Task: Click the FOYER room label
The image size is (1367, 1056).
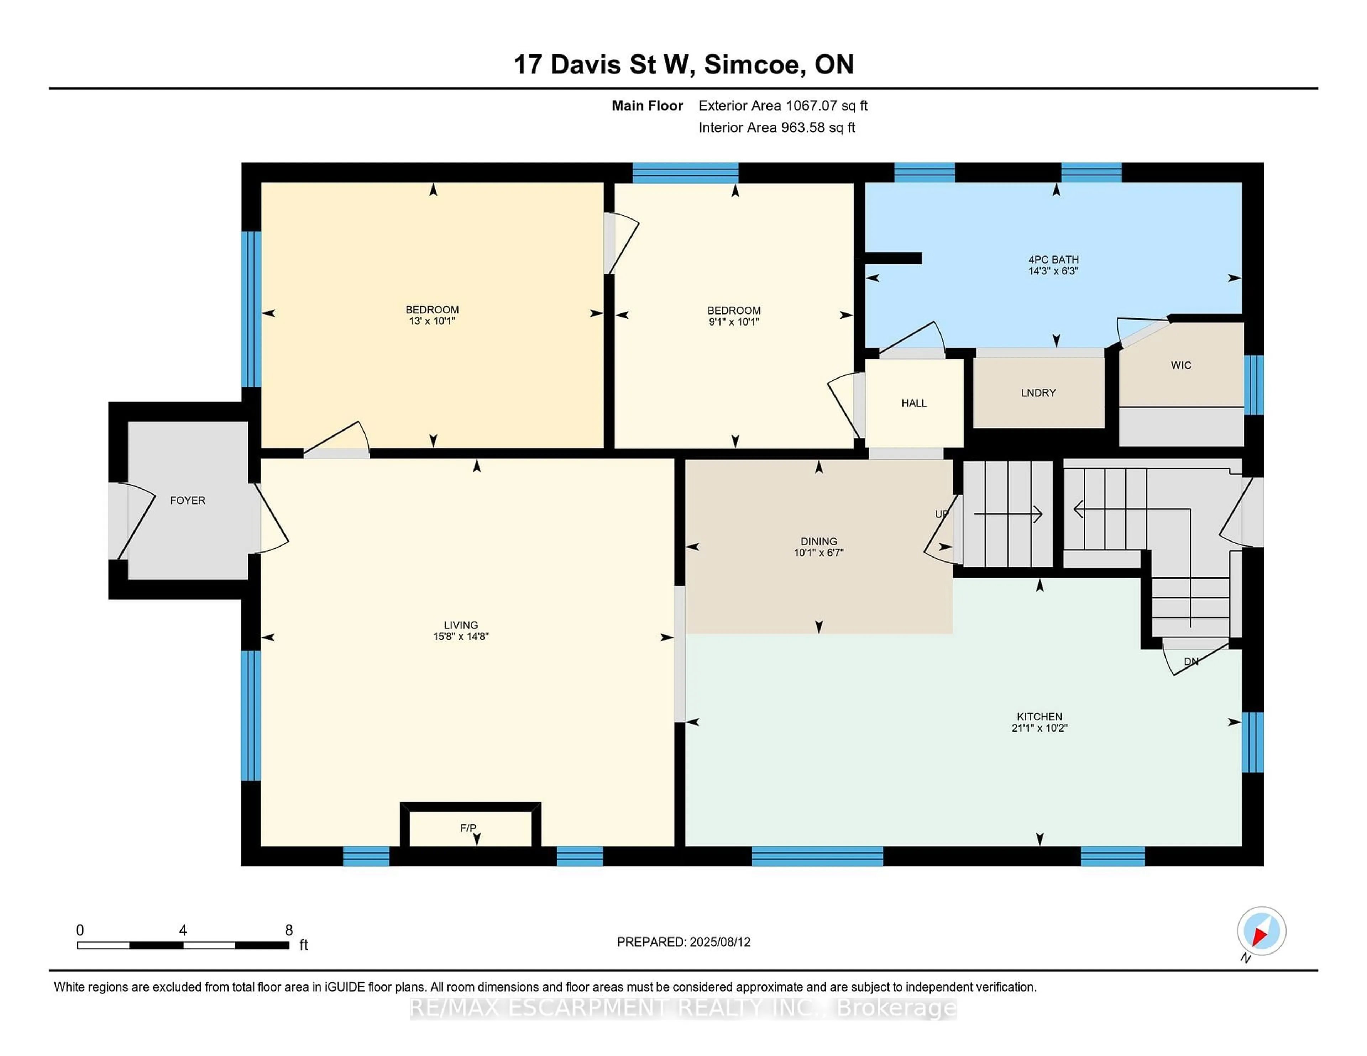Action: (187, 501)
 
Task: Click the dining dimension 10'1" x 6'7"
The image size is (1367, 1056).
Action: (819, 553)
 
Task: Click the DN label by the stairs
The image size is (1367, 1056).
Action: (1190, 662)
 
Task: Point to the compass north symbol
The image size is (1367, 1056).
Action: (1261, 931)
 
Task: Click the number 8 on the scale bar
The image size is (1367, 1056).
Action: (289, 930)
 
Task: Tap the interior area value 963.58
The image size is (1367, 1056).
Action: (803, 128)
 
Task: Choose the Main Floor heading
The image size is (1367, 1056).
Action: (647, 106)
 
